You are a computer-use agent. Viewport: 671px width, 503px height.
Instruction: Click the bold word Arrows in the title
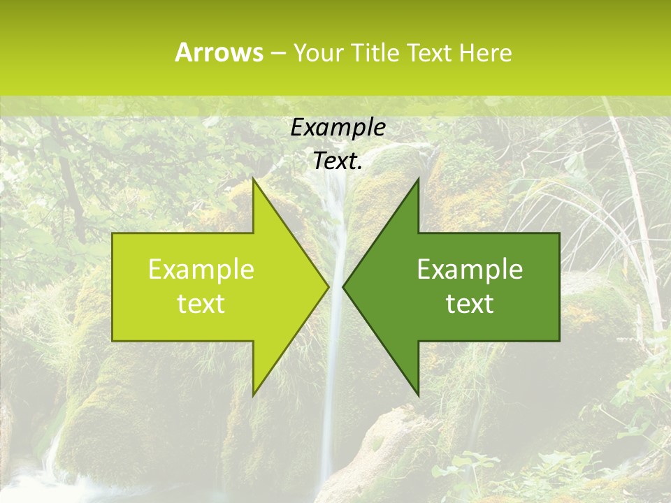[x=219, y=52]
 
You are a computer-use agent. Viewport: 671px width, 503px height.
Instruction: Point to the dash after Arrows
[x=277, y=53]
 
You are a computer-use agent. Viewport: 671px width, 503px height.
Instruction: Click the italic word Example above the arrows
[x=338, y=128]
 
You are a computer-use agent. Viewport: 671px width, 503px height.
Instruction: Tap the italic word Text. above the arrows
[x=338, y=161]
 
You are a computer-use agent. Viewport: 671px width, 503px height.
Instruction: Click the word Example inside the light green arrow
[x=201, y=269]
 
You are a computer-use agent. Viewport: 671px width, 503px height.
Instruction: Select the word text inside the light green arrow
[x=201, y=303]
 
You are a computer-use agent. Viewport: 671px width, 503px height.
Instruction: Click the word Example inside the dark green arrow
[x=470, y=269]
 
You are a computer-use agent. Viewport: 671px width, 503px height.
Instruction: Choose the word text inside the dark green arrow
[x=470, y=303]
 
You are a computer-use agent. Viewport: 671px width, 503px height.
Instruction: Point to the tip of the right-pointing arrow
[x=328, y=286]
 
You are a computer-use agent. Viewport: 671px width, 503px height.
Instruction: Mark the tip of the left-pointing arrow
[x=343, y=286]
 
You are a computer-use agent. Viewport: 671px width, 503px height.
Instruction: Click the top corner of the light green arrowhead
[x=253, y=180]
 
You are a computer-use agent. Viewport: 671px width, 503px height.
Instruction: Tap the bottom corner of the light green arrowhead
[x=253, y=394]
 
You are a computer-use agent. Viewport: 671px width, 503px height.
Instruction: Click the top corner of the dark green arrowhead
[x=418, y=180]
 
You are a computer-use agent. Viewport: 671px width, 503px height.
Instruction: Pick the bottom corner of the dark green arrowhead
[x=418, y=394]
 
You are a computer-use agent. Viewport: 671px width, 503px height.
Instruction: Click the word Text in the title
[x=431, y=52]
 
